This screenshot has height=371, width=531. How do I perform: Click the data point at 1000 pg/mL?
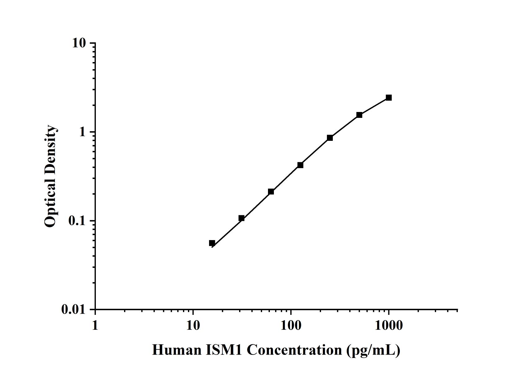(x=389, y=98)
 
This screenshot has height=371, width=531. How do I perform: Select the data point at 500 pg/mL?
(x=359, y=115)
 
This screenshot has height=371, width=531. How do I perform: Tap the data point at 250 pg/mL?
(x=330, y=138)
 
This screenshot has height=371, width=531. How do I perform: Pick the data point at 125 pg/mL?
(x=300, y=165)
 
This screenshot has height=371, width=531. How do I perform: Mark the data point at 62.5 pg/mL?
(x=271, y=192)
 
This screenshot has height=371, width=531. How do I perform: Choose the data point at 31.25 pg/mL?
(x=241, y=218)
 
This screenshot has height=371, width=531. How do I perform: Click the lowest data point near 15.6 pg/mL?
(x=212, y=243)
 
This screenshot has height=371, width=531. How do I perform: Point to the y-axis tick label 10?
(x=79, y=43)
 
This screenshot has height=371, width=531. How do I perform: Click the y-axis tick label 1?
(x=82, y=132)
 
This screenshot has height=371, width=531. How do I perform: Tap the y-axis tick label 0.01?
(x=73, y=310)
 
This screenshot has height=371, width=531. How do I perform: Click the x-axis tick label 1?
(x=95, y=325)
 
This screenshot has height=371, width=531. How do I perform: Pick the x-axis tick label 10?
(x=193, y=325)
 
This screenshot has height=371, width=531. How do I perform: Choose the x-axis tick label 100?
(x=291, y=325)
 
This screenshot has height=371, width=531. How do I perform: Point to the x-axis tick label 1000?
(x=389, y=325)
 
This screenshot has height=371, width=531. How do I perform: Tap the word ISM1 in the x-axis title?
(x=224, y=350)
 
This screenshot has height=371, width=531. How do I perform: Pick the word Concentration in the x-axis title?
(x=294, y=350)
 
